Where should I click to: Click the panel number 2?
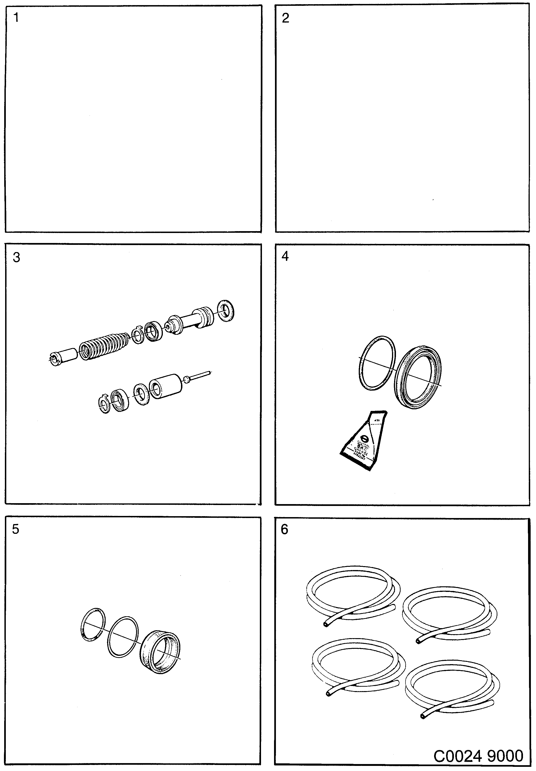285,18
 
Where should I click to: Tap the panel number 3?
17,258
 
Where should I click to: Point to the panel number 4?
285,256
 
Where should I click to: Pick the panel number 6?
285,530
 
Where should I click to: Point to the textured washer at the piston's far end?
226,311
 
